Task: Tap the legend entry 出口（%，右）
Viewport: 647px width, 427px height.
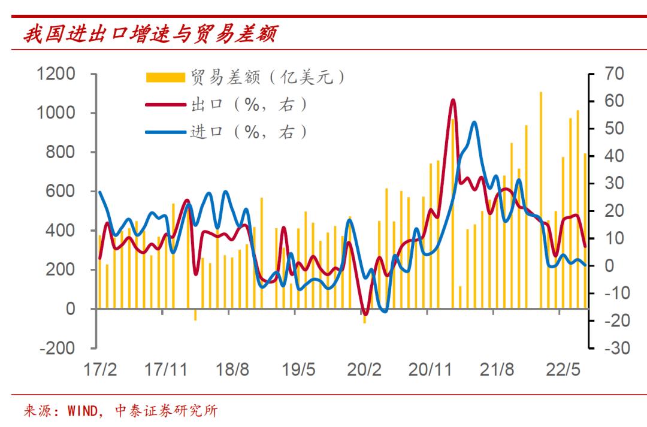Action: [249, 104]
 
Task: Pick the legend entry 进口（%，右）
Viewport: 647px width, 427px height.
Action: [249, 132]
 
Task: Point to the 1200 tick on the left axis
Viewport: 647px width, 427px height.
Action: [58, 74]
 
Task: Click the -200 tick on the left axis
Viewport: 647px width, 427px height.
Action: [58, 348]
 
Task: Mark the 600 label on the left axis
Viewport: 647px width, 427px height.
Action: [62, 191]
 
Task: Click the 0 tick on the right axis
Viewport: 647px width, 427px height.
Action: [609, 266]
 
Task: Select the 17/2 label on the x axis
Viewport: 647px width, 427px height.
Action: [100, 369]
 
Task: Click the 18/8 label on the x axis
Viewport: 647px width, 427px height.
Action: [232, 369]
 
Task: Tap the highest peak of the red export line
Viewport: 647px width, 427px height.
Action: [453, 100]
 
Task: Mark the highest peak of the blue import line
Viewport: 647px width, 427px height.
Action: [474, 123]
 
